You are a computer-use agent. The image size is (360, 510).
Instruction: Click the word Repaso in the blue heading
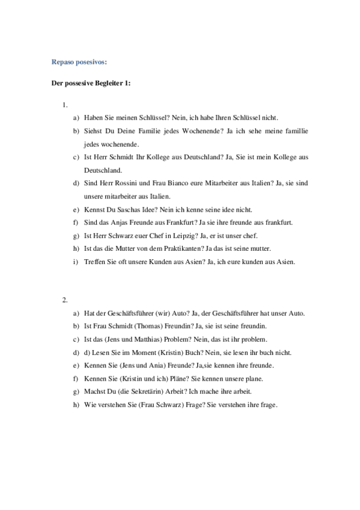click(62, 61)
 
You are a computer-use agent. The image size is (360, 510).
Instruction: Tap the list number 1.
click(64, 105)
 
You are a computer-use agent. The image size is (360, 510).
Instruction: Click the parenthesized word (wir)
click(163, 313)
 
